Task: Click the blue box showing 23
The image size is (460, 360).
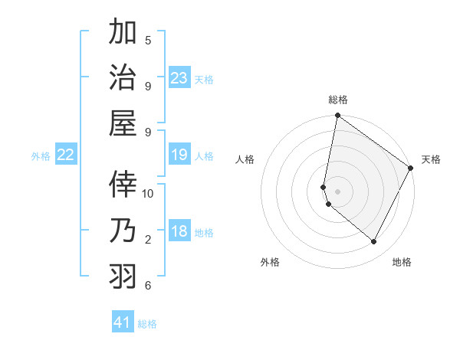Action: pyautogui.click(x=179, y=77)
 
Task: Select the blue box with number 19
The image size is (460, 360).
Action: pyautogui.click(x=179, y=155)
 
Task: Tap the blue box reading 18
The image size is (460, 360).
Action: pyautogui.click(x=179, y=232)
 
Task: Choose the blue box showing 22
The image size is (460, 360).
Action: pyautogui.click(x=66, y=155)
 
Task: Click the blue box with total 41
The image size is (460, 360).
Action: pyautogui.click(x=123, y=322)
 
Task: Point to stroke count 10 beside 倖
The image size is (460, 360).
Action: pyautogui.click(x=148, y=193)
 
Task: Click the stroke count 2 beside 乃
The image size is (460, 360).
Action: pyautogui.click(x=147, y=240)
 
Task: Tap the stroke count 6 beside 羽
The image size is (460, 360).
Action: pyautogui.click(x=147, y=286)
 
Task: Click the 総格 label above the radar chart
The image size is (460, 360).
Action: pyautogui.click(x=338, y=100)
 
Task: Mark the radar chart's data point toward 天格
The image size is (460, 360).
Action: pyautogui.click(x=411, y=169)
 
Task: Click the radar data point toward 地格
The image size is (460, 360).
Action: pyautogui.click(x=374, y=242)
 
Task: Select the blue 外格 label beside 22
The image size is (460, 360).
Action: pyautogui.click(x=41, y=156)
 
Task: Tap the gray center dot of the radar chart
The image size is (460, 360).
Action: pyautogui.click(x=338, y=191)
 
